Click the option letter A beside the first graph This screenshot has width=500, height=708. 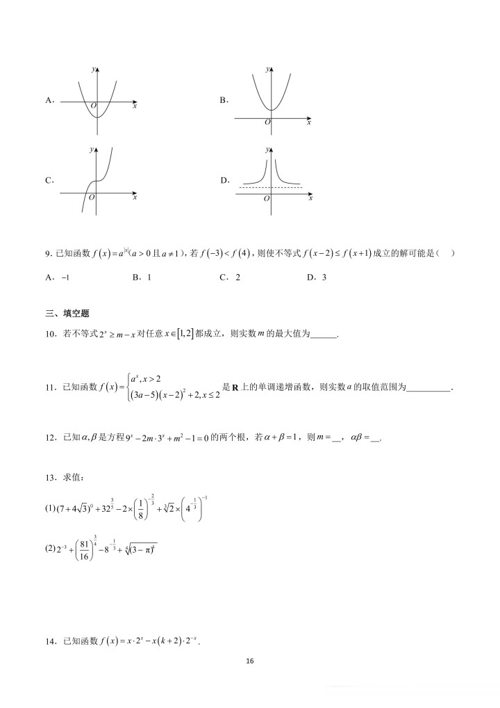click(x=49, y=100)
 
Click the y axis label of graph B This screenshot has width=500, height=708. click(x=267, y=70)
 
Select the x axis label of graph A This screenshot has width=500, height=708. click(x=134, y=106)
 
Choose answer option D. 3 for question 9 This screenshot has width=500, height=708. click(x=316, y=277)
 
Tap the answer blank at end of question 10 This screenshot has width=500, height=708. click(x=323, y=335)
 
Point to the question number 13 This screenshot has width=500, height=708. click(x=50, y=477)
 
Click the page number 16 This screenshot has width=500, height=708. click(x=250, y=661)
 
